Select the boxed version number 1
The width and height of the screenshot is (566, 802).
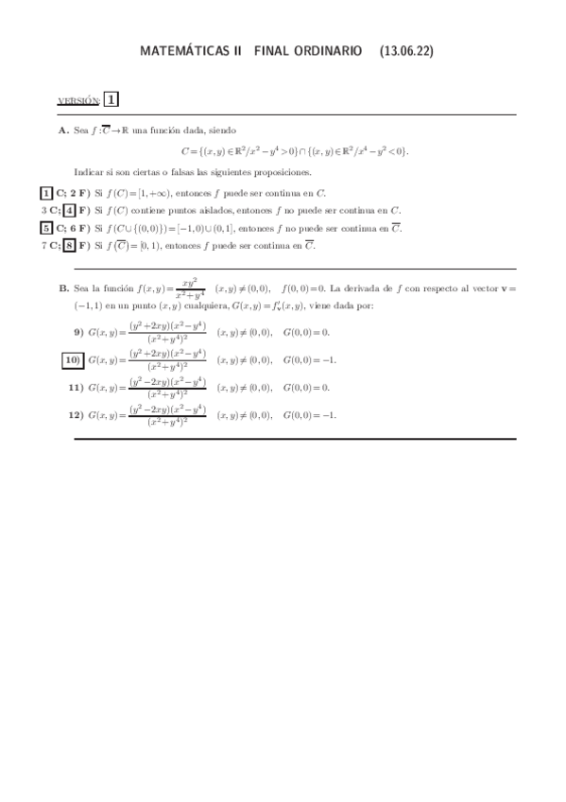(x=111, y=99)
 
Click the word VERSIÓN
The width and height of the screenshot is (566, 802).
(x=79, y=101)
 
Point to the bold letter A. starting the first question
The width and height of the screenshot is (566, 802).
(x=63, y=131)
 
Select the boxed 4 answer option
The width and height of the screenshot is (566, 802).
(x=69, y=210)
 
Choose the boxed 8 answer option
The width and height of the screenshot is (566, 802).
(x=69, y=246)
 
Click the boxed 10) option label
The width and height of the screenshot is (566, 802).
(x=73, y=359)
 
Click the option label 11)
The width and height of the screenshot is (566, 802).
(x=76, y=388)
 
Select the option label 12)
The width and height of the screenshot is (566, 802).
(x=76, y=414)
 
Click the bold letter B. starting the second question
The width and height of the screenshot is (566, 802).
(x=63, y=288)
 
